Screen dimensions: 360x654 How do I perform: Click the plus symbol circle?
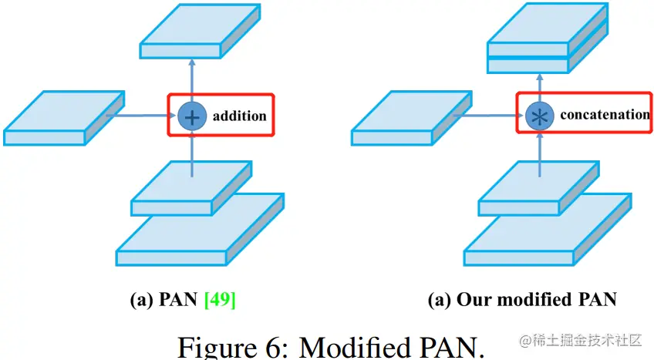(190, 116)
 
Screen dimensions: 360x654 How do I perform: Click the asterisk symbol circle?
(538, 116)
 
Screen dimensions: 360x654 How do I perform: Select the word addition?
(239, 116)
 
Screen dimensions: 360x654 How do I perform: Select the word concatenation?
(605, 115)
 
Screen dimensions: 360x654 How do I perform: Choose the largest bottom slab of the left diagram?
(198, 231)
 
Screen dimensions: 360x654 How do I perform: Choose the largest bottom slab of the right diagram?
(546, 231)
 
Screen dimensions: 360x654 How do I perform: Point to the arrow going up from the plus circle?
(191, 81)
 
